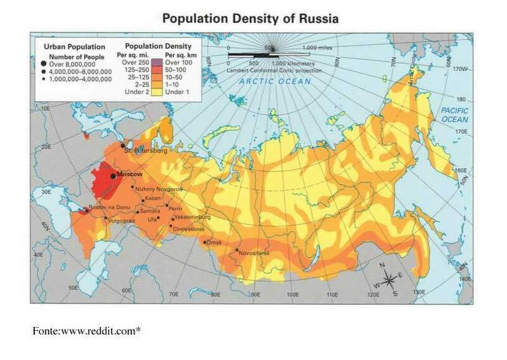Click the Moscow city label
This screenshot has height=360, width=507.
point(129,174)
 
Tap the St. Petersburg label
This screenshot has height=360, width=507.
point(145,151)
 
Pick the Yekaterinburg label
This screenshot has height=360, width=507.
point(191,216)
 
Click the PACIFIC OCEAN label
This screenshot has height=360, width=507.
point(454,115)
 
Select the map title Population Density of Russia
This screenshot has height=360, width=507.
point(250,19)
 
